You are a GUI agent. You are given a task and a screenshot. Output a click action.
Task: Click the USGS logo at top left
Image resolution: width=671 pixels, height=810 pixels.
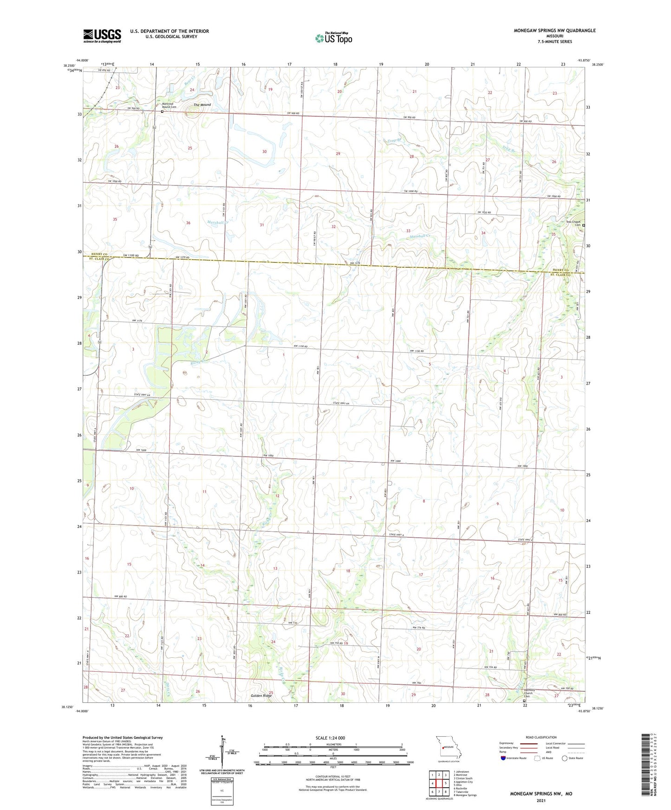click(102, 36)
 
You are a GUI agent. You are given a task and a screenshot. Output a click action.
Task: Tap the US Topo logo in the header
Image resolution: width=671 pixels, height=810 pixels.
click(333, 38)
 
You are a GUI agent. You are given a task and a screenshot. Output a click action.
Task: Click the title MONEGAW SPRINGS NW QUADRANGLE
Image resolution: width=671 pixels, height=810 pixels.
click(554, 31)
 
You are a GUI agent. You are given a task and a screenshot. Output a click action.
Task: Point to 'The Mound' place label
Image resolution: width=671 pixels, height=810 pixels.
click(202, 105)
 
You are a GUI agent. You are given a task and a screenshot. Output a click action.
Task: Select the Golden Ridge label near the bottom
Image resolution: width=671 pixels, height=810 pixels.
click(261, 696)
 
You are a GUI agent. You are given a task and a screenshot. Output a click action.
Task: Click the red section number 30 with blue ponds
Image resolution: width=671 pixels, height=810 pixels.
click(264, 152)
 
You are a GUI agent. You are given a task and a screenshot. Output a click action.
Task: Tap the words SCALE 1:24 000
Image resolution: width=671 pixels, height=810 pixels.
click(330, 738)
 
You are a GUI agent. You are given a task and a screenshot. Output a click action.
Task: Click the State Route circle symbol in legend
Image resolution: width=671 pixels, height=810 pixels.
click(565, 758)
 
